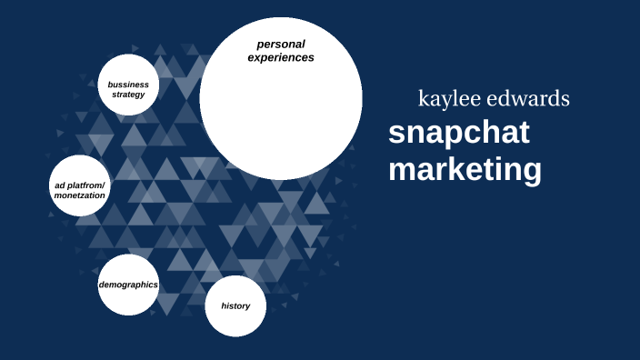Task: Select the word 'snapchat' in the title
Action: [458, 133]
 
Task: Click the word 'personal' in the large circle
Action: [281, 44]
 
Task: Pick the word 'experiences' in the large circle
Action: [281, 57]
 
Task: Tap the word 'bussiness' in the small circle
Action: [128, 85]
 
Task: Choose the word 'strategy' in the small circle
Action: [128, 95]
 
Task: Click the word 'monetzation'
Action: [80, 195]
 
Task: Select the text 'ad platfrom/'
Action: [80, 185]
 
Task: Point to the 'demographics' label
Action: [128, 285]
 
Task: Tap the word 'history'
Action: [235, 305]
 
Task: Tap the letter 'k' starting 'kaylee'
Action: [423, 99]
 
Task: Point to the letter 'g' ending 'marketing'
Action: [531, 172]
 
